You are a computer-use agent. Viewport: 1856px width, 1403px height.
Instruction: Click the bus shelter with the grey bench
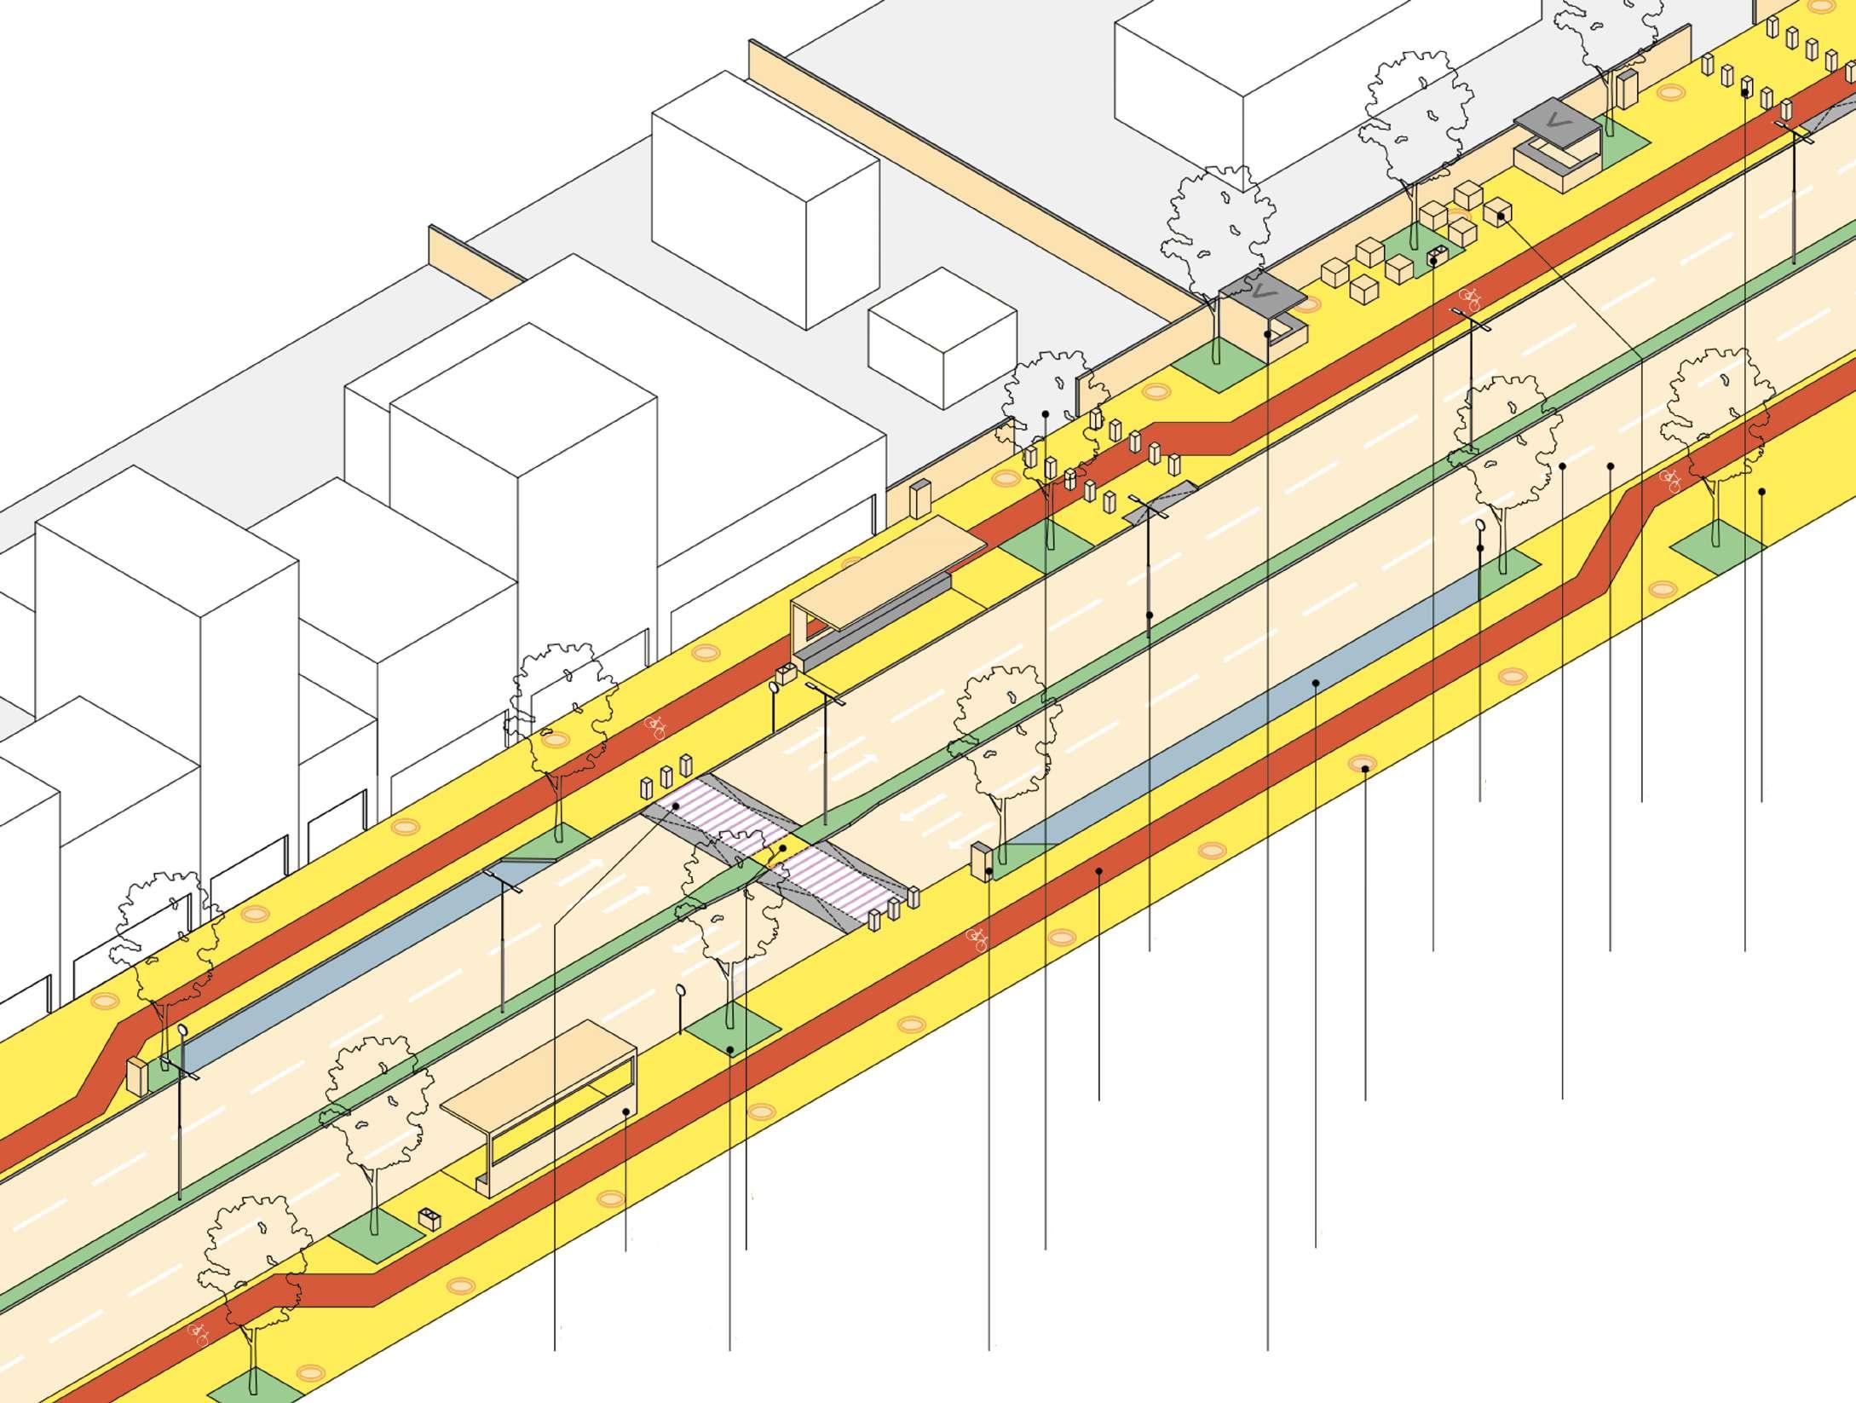(x=878, y=588)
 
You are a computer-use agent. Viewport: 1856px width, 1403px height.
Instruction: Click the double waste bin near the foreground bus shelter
(x=430, y=1219)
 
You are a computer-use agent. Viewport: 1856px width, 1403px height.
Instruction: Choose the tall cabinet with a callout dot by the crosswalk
(x=982, y=861)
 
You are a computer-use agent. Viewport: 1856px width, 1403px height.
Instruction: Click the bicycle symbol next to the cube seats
(x=1471, y=297)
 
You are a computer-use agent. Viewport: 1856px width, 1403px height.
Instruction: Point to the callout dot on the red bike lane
(x=1099, y=871)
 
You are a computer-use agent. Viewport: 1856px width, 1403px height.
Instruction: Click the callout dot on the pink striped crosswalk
(x=675, y=806)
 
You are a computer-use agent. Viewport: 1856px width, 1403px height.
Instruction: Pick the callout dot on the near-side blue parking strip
(x=1316, y=683)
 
